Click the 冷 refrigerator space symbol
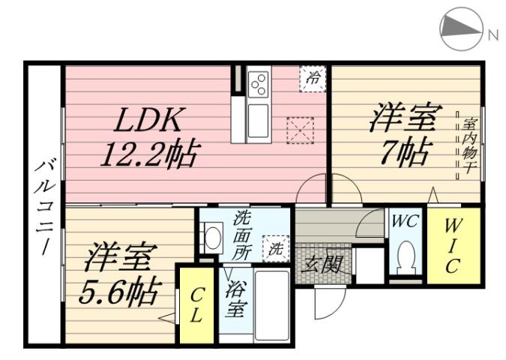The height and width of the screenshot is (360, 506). tap(313, 76)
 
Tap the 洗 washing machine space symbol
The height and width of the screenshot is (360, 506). tap(276, 248)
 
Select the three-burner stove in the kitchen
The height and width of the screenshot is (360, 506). tap(258, 85)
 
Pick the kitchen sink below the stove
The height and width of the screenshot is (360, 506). tap(258, 120)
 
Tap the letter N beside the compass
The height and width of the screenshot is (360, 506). tap(493, 34)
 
